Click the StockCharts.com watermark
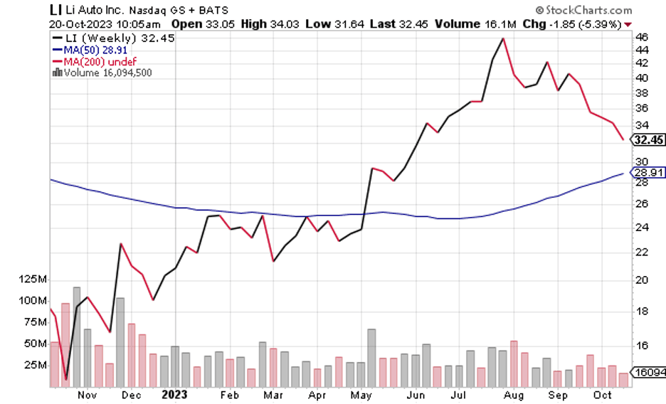click(583, 10)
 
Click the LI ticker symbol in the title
click(55, 10)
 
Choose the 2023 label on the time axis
click(174, 393)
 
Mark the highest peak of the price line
click(503, 38)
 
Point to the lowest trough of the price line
click(65, 380)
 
